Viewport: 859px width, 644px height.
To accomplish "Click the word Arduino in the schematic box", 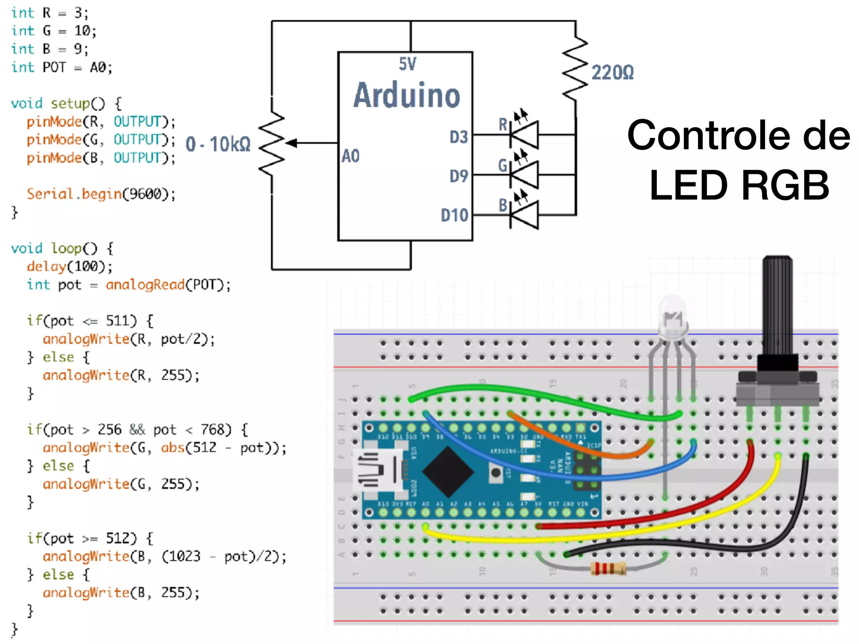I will [x=406, y=96].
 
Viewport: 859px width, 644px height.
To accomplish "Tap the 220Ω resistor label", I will [x=612, y=73].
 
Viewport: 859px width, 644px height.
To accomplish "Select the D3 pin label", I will [x=458, y=137].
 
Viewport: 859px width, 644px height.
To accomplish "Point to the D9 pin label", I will [x=458, y=176].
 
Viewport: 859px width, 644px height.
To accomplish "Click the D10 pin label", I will [x=454, y=215].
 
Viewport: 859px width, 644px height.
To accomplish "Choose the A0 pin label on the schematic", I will [x=351, y=156].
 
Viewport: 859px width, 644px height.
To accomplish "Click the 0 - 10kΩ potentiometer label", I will [x=218, y=144].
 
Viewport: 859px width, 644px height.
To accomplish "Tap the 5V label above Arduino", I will [x=407, y=64].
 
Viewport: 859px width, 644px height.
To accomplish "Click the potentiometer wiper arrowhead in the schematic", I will [x=292, y=143].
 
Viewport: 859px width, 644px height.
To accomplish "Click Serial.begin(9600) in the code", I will [x=101, y=194].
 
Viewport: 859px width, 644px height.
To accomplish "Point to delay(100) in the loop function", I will [x=69, y=267].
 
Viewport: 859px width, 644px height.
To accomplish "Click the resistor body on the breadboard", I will [x=608, y=569].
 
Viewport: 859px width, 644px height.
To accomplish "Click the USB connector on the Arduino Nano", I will [x=377, y=470].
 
